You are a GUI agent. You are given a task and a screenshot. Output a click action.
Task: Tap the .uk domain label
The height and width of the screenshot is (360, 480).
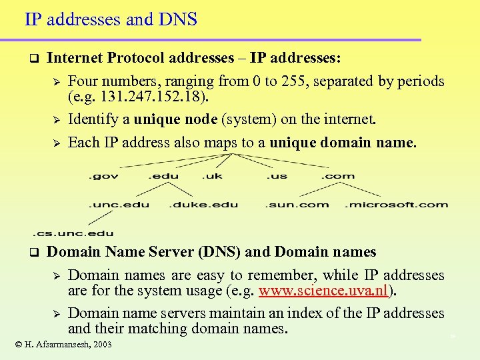[213, 176]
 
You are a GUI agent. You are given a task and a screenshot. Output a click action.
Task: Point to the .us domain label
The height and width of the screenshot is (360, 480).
[277, 176]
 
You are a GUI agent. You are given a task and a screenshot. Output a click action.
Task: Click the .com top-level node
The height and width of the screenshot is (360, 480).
[338, 176]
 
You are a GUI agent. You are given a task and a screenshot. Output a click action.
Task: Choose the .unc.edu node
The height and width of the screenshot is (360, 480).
[119, 204]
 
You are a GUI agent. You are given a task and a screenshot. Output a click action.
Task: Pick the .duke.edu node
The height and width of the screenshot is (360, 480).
[204, 204]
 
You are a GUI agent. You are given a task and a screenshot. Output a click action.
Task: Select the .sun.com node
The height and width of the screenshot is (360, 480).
[297, 204]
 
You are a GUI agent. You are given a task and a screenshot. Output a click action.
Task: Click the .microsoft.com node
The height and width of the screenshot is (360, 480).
[396, 204]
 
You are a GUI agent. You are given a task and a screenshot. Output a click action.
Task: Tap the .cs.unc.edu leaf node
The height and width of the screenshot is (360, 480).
[73, 233]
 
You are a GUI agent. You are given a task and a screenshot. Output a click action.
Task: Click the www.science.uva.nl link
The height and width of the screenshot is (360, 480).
[324, 291]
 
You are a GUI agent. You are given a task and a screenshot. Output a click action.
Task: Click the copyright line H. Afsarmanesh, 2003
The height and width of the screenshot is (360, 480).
[63, 344]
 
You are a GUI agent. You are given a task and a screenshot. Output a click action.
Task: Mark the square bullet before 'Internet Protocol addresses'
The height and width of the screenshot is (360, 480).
[32, 59]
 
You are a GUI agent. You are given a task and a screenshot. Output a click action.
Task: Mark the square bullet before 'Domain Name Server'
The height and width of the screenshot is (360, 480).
[32, 253]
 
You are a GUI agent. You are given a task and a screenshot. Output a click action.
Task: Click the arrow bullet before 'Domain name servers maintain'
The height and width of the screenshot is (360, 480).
[57, 313]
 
